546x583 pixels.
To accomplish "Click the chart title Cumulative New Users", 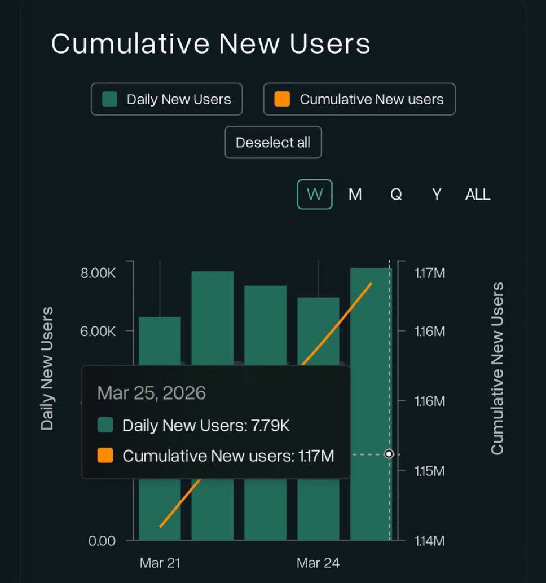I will point(210,43).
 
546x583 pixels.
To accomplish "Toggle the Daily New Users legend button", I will point(166,99).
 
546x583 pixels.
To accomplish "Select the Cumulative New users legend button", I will point(359,99).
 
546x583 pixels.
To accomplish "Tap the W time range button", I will point(315,195).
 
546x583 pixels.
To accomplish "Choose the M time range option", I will point(355,195).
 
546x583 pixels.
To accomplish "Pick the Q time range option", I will point(396,195).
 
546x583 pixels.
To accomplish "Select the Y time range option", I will point(436,195).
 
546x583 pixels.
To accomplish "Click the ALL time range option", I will point(477,195).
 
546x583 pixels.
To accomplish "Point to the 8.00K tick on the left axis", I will point(98,273).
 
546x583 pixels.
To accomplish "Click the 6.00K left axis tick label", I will point(98,332).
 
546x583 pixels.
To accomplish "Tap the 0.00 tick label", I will point(102,541).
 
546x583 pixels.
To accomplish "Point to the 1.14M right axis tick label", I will point(430,541).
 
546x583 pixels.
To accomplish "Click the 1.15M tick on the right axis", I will point(430,471).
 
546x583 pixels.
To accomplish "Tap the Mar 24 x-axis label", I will point(318,563).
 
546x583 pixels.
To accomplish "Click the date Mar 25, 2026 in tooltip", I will point(151,392).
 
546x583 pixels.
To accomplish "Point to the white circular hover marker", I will point(389,454).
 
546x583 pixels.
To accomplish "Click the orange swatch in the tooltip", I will point(105,456).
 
